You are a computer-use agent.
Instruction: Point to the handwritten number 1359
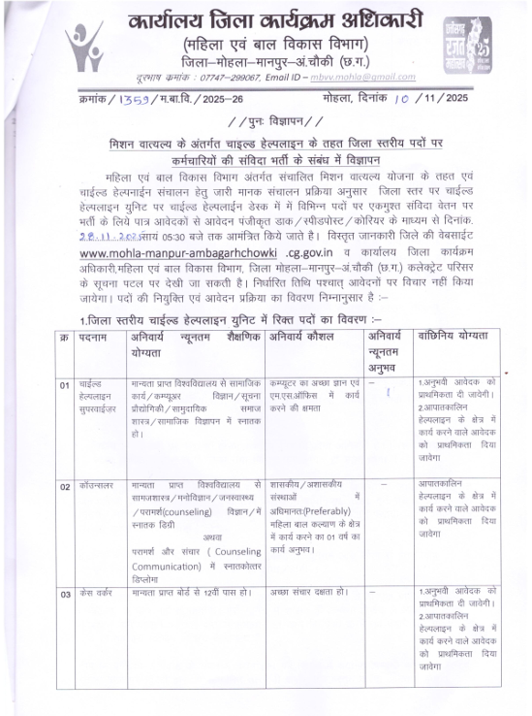135,100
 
